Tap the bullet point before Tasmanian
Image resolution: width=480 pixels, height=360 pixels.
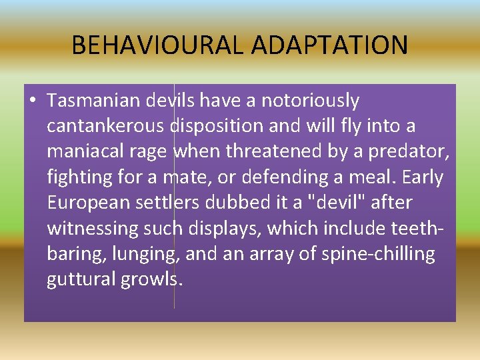(x=32, y=101)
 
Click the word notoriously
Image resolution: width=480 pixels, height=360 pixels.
(x=310, y=101)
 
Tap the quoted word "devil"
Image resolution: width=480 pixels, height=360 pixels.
(x=331, y=203)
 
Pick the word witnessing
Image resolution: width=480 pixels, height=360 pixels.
(x=91, y=228)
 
